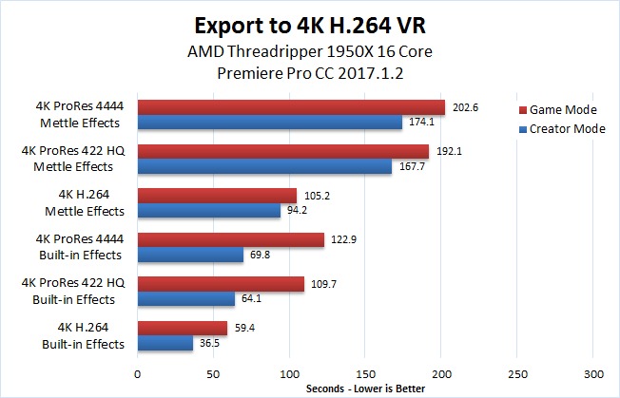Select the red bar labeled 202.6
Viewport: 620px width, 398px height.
291,107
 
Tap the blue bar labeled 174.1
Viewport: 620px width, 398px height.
270,123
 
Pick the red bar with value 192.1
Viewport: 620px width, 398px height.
283,152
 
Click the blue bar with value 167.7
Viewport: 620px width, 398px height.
264,167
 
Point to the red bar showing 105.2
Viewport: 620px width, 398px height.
217,196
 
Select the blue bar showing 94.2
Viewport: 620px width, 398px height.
209,211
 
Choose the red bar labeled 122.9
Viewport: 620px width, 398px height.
231,240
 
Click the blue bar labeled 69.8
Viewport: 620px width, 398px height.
190,256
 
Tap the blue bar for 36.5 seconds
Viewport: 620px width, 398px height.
165,344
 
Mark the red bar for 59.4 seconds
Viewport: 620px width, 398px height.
183,329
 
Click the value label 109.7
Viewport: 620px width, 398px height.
324,284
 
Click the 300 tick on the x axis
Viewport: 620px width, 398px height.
593,372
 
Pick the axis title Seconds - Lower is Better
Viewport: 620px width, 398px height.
366,388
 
